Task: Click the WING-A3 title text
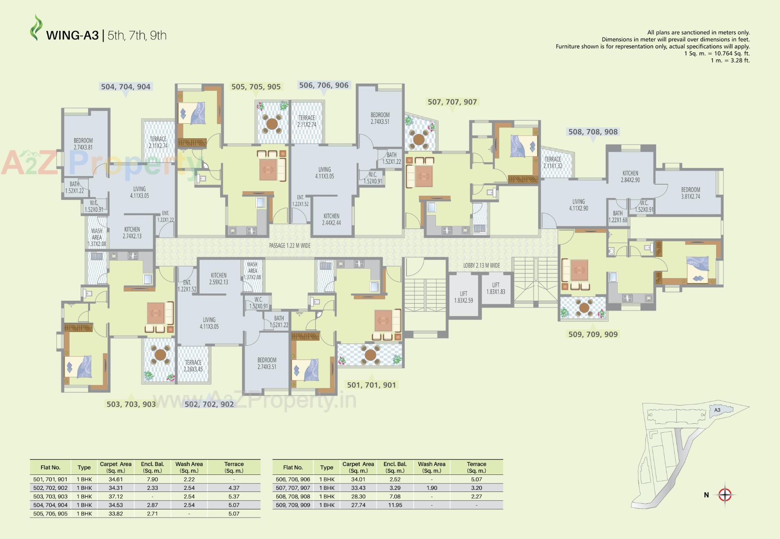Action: [x=72, y=35]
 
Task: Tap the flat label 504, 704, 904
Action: [x=126, y=86]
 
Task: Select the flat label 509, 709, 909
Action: [x=593, y=334]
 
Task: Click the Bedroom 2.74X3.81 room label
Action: [x=83, y=144]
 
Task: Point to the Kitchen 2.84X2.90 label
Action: [x=630, y=177]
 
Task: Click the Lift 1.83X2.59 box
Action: [x=464, y=297]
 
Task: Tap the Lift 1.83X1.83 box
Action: [x=496, y=288]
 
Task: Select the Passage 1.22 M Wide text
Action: [x=290, y=246]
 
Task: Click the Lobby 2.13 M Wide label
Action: [x=481, y=265]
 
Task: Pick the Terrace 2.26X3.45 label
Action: [x=193, y=366]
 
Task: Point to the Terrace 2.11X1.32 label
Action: [x=552, y=162]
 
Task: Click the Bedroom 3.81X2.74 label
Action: [x=690, y=193]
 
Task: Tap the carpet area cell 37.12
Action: [x=116, y=496]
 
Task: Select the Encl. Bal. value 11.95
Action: [x=395, y=505]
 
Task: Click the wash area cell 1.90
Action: [x=431, y=488]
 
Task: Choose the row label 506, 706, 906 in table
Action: [x=293, y=479]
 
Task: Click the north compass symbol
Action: [x=725, y=495]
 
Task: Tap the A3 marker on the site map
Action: [x=717, y=410]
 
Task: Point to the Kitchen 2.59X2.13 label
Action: [x=219, y=278]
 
